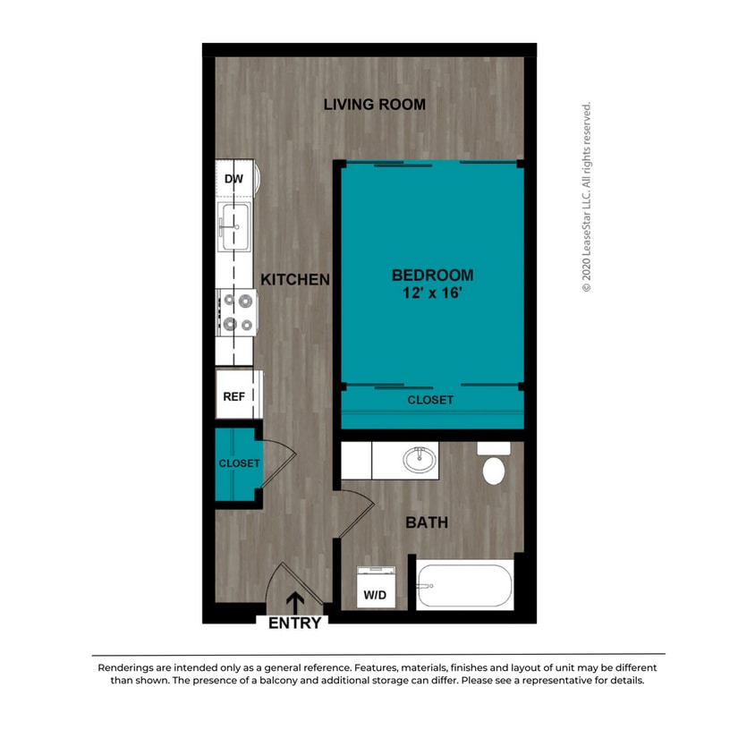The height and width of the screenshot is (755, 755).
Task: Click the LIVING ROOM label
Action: (x=374, y=105)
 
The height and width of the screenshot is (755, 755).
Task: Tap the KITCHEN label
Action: (x=295, y=280)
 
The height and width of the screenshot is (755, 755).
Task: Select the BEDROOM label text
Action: (x=431, y=275)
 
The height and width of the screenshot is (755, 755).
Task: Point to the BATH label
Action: (x=427, y=522)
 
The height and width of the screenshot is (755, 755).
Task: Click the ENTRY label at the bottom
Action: (x=294, y=624)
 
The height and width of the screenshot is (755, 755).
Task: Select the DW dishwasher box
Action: (x=234, y=180)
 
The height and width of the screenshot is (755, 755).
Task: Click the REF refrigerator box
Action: (x=234, y=397)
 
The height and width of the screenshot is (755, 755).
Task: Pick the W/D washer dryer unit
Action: (x=376, y=587)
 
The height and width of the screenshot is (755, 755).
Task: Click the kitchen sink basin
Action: (x=236, y=227)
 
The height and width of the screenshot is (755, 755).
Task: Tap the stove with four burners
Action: (x=236, y=313)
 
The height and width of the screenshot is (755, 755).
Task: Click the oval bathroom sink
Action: (x=420, y=460)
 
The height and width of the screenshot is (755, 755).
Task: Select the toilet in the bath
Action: (x=493, y=464)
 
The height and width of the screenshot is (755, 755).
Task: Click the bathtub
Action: (x=463, y=587)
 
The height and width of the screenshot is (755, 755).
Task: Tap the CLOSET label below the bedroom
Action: (x=430, y=400)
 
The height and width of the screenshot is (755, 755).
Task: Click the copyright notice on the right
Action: (x=587, y=197)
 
